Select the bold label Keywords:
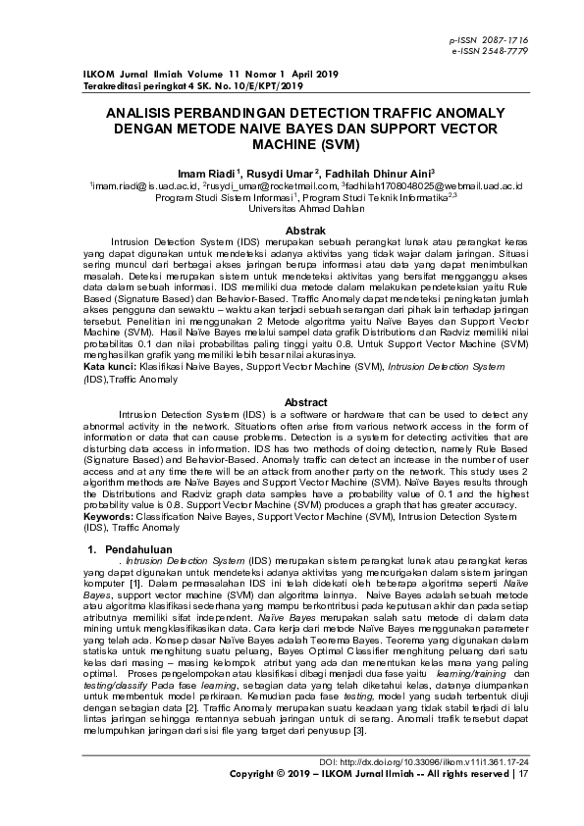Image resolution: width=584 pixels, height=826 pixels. pyautogui.click(x=112, y=516)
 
